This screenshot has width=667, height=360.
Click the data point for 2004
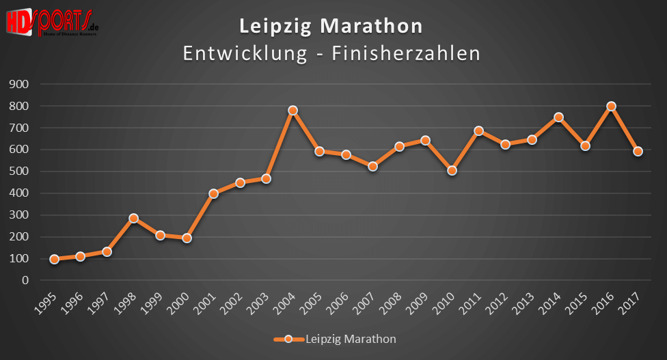click(x=292, y=111)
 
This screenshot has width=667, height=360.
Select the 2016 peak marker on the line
click(x=612, y=107)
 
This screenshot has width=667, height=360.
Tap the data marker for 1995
click(x=54, y=260)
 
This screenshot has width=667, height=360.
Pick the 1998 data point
click(x=133, y=219)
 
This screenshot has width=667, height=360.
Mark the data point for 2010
click(x=452, y=171)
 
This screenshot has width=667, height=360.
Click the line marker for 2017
click(x=638, y=152)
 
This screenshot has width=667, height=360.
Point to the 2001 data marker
click(x=213, y=194)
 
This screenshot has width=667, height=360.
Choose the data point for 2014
click(x=558, y=117)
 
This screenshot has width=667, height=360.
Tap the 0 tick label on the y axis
click(x=25, y=280)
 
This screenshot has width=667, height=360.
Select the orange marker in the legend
click(x=288, y=339)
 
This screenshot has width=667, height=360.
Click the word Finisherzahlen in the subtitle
click(x=406, y=53)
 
